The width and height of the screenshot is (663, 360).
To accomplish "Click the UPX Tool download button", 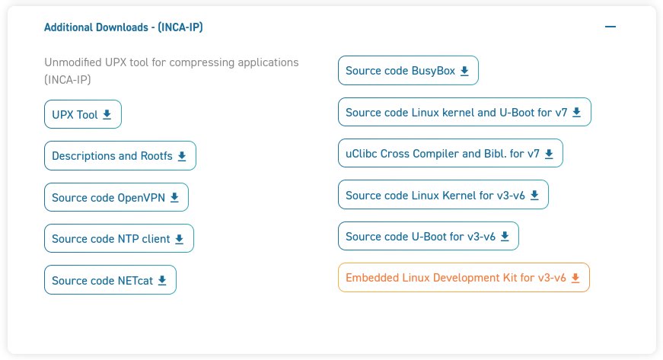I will tap(82, 115).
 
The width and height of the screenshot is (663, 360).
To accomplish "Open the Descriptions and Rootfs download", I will tap(120, 156).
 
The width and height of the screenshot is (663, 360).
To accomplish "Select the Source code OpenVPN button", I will tap(116, 197).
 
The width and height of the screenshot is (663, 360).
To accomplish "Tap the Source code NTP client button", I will tap(118, 238).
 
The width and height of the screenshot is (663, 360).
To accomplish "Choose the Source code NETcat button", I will tap(110, 280).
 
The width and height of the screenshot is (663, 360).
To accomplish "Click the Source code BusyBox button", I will tap(407, 71).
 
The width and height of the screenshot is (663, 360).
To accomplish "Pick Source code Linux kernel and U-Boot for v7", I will tap(464, 112).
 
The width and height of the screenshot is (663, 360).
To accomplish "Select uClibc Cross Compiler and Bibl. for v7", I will tap(450, 153).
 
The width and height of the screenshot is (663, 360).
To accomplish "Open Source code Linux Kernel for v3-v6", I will tap(442, 195).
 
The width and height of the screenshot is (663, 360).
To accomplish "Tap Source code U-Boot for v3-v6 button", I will tap(428, 236).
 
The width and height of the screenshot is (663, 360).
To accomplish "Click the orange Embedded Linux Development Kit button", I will tap(463, 278).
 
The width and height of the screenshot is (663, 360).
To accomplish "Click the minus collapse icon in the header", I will tap(610, 27).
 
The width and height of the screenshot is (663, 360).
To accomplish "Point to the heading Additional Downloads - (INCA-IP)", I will tap(123, 27).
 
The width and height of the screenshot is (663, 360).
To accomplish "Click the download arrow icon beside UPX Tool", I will tap(107, 115).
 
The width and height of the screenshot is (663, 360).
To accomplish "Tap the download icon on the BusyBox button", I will tap(464, 71).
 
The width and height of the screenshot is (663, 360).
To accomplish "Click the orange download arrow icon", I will tap(575, 278).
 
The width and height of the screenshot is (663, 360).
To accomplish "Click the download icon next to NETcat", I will tap(162, 280).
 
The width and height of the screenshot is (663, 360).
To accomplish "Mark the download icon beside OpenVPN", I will tap(174, 197).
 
